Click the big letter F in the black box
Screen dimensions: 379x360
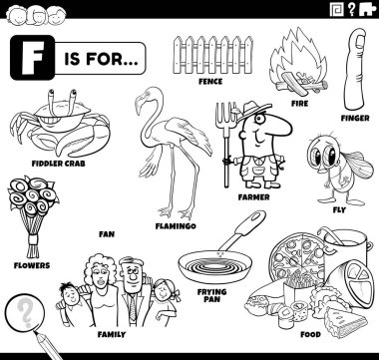pos(32,57)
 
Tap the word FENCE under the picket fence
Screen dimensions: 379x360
pos(210,81)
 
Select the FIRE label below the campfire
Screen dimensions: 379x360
pos(299,104)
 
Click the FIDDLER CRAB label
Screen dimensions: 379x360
pos(59,164)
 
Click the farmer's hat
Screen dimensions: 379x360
pos(252,110)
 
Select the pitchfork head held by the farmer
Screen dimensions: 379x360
pos(225,117)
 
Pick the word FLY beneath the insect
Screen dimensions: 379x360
pos(339,209)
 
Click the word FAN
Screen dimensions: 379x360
pos(107,234)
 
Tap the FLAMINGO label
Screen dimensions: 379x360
pos(176,226)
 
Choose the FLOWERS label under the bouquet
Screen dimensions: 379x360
pos(32,265)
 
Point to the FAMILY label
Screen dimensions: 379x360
pos(112,334)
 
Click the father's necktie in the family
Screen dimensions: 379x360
pos(133,307)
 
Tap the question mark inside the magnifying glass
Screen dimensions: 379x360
pos(24,313)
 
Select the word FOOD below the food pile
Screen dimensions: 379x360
pos(310,334)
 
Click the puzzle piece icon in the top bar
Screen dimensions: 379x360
pos(367,9)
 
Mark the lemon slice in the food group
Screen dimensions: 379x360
pos(359,282)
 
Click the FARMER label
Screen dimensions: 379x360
pos(253,197)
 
